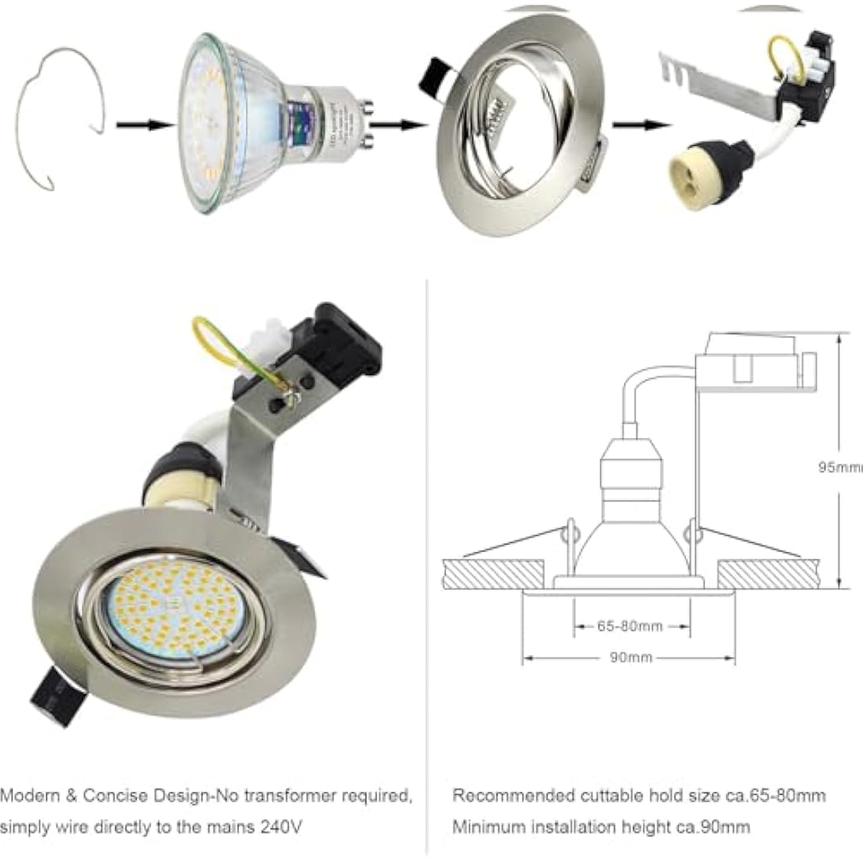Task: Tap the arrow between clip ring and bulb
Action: tap(144, 125)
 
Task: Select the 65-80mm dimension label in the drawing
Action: tap(630, 626)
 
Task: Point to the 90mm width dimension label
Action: tap(630, 657)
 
